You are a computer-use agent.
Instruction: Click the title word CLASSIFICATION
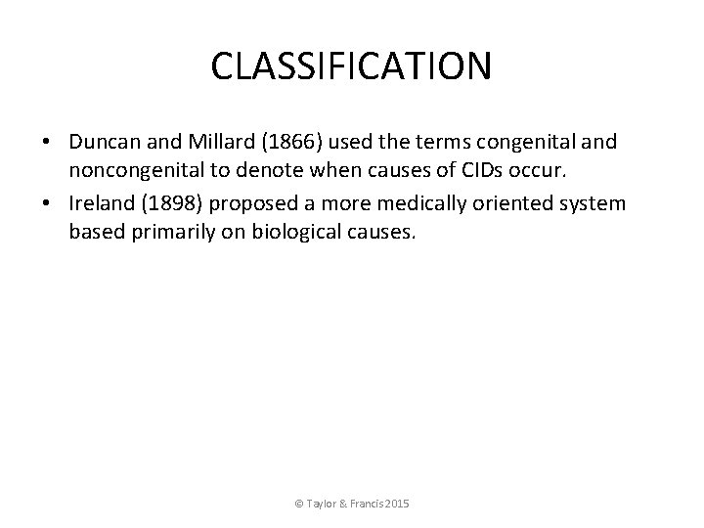(352, 66)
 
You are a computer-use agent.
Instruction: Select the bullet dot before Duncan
(47, 143)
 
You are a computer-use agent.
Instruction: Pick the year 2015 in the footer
(398, 504)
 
